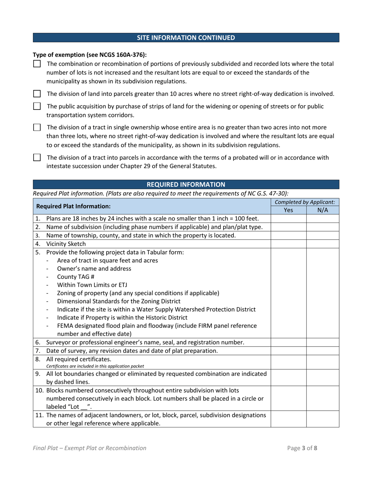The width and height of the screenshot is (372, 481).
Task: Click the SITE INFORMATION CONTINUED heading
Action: [x=186, y=38]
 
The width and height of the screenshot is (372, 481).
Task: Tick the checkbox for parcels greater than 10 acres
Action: [x=37, y=94]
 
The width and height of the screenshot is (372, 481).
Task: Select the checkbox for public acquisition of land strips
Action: [x=37, y=106]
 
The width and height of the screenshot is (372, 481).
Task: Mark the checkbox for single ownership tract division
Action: [x=37, y=127]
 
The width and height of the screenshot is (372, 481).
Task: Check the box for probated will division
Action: [x=37, y=158]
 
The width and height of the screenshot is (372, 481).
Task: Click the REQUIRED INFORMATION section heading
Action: [x=186, y=184]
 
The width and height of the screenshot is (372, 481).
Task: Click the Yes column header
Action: [x=288, y=210]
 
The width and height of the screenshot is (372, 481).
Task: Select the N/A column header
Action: [x=322, y=210]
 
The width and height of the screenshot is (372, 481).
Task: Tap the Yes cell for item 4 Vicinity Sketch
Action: [x=288, y=243]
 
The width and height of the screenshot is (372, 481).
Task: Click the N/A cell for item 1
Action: [x=322, y=218]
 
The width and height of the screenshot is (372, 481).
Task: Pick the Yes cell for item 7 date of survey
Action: [x=288, y=351]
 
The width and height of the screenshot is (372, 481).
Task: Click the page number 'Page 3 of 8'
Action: [x=302, y=449]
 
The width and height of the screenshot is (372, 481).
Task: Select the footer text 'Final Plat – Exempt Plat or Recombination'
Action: [x=90, y=449]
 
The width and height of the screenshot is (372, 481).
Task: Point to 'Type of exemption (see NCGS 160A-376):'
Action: [x=90, y=55]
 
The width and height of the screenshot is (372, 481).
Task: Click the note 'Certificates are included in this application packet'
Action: [x=95, y=366]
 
